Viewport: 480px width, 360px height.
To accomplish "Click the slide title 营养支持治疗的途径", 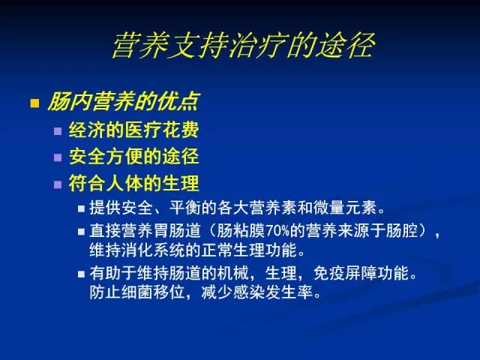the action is pos(243,45).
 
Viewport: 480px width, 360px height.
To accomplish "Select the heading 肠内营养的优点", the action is pos(124,101).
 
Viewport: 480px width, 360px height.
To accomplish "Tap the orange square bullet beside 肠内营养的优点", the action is pos(34,103).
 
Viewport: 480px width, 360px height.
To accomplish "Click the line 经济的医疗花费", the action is pos(133,130).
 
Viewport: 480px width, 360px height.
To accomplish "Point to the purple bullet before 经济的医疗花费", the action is pos(58,131).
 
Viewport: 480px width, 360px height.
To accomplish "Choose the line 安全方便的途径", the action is pos(133,157).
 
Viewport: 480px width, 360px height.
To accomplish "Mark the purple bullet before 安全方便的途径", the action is pos(58,157).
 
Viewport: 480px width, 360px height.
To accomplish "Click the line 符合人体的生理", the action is pos(133,183).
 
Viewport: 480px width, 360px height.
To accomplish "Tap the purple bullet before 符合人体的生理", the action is pos(58,184).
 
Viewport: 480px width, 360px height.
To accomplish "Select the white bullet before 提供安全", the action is pos(81,208).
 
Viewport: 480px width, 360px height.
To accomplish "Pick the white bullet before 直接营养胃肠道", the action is pos(81,232).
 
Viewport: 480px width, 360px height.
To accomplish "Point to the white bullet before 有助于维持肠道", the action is pos(81,274).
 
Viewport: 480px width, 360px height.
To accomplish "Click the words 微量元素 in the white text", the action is pos(345,208).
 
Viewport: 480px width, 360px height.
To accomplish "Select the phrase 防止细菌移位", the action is pos(137,292).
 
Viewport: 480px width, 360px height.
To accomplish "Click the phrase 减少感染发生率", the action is pos(257,292).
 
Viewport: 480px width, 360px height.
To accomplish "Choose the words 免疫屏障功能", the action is pos(361,273).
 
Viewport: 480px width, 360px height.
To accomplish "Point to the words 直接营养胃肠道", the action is pos(145,231).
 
